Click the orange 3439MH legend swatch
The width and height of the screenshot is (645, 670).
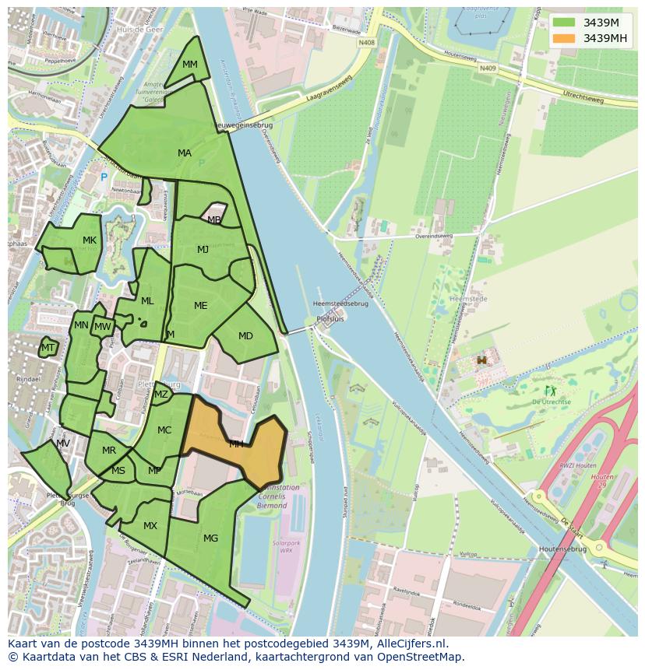(565, 38)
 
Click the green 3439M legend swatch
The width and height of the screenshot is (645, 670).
(565, 22)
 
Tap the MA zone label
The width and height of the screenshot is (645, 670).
(185, 153)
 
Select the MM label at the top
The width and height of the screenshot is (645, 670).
(190, 65)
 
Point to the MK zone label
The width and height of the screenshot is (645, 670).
(90, 240)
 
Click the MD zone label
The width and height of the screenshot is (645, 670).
(245, 336)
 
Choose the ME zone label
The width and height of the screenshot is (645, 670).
(201, 306)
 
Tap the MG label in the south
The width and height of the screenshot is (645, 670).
(210, 538)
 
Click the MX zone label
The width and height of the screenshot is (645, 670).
(150, 526)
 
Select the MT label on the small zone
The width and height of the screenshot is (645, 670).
(48, 348)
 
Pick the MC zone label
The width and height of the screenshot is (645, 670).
(164, 430)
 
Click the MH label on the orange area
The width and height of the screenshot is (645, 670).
(236, 444)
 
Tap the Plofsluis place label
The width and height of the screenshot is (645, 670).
(330, 319)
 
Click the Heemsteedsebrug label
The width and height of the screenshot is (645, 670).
(340, 303)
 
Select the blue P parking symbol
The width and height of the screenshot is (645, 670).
(104, 178)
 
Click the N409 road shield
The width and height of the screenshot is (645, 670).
(488, 68)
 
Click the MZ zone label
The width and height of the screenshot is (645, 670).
(161, 395)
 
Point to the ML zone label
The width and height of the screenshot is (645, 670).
(147, 301)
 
